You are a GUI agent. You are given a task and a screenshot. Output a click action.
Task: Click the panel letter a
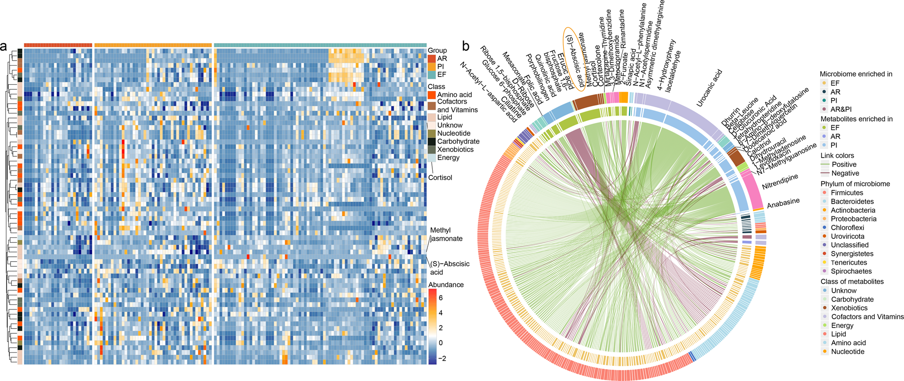[x=4, y=47]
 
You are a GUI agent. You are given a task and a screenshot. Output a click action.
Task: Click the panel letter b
[x=466, y=46]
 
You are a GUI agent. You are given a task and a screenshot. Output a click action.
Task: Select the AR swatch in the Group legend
[x=432, y=59]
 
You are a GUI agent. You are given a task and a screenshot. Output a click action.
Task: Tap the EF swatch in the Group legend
[x=432, y=74]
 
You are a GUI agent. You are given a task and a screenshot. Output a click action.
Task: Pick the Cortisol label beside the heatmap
[x=440, y=177]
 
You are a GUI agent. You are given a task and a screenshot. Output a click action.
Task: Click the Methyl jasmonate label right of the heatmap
[x=446, y=234]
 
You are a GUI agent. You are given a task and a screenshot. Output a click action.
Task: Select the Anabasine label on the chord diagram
[x=783, y=203]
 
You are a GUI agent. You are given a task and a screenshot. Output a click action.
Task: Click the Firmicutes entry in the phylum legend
[x=847, y=193]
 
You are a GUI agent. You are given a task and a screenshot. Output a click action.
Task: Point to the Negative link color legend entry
[x=845, y=173]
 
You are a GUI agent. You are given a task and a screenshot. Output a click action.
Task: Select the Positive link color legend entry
[x=844, y=164]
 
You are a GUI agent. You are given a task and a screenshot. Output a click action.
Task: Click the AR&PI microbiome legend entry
[x=841, y=109]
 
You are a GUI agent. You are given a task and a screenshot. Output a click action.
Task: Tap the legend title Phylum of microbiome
[x=855, y=184]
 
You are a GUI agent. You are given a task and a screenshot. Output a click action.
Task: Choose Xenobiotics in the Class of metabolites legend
[x=849, y=308]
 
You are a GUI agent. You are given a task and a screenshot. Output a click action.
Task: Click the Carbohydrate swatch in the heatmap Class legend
[x=432, y=142]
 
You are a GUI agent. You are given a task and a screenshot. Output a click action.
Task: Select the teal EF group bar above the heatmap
[x=320, y=45]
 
